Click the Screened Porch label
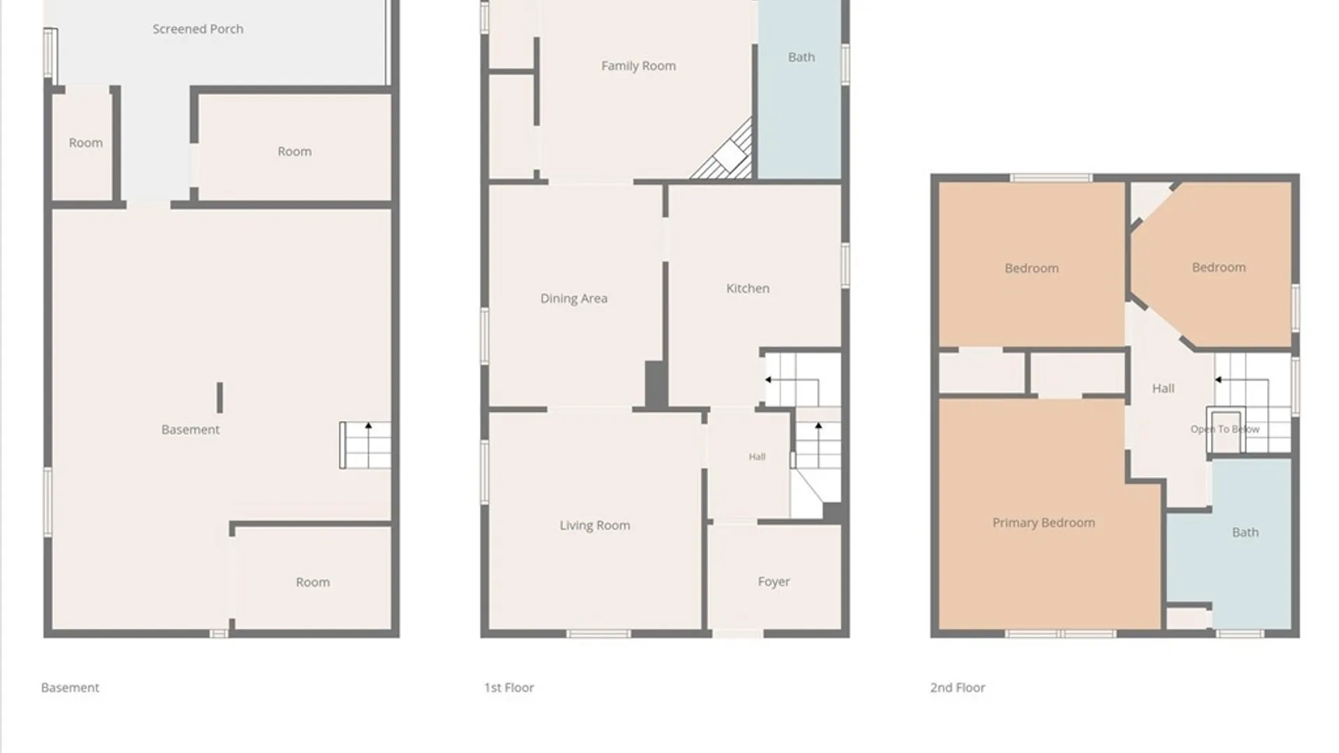(198, 29)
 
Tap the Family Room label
(638, 66)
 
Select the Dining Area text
(573, 298)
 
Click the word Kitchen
(748, 288)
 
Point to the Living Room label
(595, 525)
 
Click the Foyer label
(773, 581)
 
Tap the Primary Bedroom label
(1043, 523)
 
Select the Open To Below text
(1225, 429)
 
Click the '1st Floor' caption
(509, 687)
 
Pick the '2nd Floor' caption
(958, 687)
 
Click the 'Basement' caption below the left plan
(70, 687)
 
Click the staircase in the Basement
(365, 445)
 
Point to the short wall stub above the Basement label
(220, 397)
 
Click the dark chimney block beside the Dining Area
(656, 384)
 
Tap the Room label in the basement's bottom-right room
(312, 582)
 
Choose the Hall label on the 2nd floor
(1163, 388)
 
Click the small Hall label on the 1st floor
(757, 457)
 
